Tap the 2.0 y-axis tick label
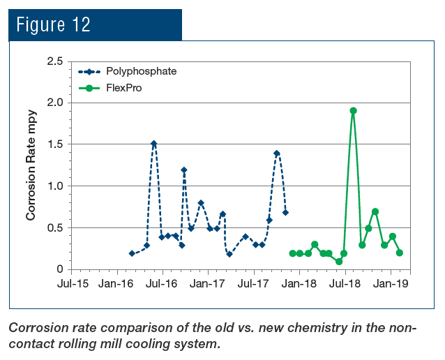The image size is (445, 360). tap(54, 103)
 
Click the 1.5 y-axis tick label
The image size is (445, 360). tap(54, 144)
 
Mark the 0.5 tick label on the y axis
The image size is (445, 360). tap(54, 227)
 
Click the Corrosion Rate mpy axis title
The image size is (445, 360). tap(31, 165)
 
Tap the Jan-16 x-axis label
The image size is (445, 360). tap(116, 284)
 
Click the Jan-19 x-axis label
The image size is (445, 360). tap(391, 284)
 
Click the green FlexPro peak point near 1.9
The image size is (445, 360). tap(354, 110)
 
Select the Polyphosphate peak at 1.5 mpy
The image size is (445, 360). tap(153, 144)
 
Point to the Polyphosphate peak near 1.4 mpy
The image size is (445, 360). tap(277, 153)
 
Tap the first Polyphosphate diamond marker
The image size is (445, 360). tap(132, 253)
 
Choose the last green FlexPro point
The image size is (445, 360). tap(400, 253)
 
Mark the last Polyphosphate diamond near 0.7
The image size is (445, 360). tap(285, 212)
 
